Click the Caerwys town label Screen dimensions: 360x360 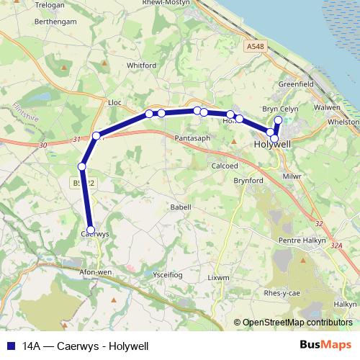94,234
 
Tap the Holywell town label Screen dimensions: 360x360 273,144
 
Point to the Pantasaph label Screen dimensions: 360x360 192,136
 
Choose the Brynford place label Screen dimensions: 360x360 248,181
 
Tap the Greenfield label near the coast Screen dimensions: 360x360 296,84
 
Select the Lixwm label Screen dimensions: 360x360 217,277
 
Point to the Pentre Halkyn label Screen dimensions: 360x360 302,240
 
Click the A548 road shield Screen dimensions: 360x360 254,46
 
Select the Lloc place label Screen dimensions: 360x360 114,103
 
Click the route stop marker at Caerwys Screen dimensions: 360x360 91,230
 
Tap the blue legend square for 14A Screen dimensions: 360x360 11,346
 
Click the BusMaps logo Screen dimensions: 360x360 325,346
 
